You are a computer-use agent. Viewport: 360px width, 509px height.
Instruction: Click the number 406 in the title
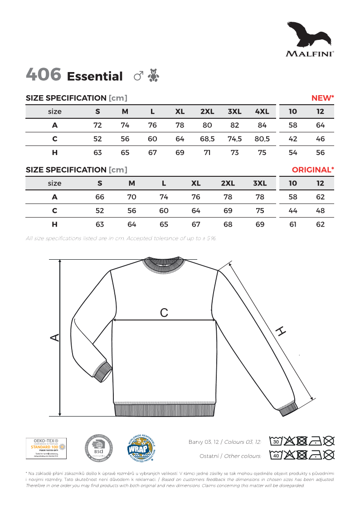click(x=44, y=75)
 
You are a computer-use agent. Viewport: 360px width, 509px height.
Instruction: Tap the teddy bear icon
click(x=154, y=76)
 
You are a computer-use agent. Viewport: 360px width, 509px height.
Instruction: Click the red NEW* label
click(x=322, y=98)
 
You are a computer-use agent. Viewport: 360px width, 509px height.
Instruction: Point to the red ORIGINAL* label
click(x=313, y=170)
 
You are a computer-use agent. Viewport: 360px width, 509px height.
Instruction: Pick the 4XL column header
click(x=262, y=111)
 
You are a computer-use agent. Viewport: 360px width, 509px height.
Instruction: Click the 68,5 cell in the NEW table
click(x=207, y=139)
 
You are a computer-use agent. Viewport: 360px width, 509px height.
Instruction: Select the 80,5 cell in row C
click(x=262, y=139)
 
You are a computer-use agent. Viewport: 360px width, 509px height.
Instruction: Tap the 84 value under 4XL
click(x=262, y=125)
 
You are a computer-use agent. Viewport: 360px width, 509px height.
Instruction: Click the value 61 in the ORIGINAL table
click(x=293, y=224)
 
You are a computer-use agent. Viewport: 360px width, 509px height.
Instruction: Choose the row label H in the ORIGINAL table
click(x=54, y=224)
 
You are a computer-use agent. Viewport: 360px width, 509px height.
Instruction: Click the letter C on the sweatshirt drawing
click(x=164, y=312)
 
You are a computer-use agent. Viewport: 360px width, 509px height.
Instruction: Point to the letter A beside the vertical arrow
click(x=54, y=338)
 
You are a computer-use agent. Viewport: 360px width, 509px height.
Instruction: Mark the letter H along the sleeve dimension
click(x=281, y=332)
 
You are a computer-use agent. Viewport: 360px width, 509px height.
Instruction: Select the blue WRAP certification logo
click(x=141, y=449)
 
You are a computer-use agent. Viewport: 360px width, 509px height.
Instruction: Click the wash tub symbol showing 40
click(x=275, y=455)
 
